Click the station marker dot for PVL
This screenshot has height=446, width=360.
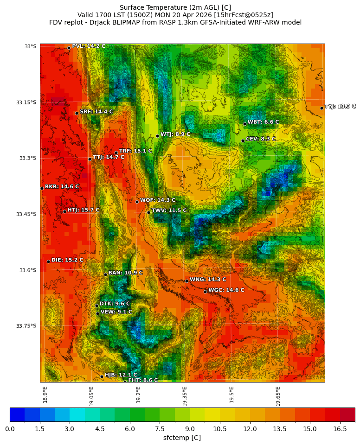[x=69, y=48]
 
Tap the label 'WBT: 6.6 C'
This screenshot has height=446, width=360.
[x=263, y=122]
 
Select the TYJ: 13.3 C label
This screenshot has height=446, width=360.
[x=340, y=107]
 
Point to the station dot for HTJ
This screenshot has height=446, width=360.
[x=64, y=211]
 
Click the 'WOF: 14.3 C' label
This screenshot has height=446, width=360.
[x=158, y=200]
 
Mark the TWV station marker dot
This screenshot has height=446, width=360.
[x=148, y=212]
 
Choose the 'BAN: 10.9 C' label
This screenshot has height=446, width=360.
[x=125, y=273]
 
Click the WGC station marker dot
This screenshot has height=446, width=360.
[x=205, y=292]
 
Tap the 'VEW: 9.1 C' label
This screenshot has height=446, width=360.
[x=116, y=312]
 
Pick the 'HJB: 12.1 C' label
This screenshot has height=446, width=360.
[x=121, y=375]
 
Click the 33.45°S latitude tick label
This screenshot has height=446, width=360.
[x=26, y=214]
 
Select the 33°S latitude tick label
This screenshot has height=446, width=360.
[x=30, y=46]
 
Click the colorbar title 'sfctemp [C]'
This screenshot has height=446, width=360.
[x=182, y=438]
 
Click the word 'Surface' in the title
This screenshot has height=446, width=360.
[x=132, y=7]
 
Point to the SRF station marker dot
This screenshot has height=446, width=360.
[x=77, y=113]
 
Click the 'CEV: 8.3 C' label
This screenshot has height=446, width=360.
[x=260, y=139]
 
